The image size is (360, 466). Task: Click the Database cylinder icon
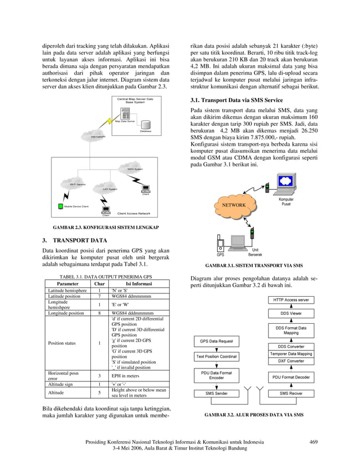tap(146, 124)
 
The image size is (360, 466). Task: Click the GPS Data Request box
tap(216, 341)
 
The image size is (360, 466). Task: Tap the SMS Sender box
tap(216, 393)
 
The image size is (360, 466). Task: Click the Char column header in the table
tap(99, 284)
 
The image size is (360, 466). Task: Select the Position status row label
tap(63, 343)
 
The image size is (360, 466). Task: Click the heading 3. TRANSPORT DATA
tap(75, 240)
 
